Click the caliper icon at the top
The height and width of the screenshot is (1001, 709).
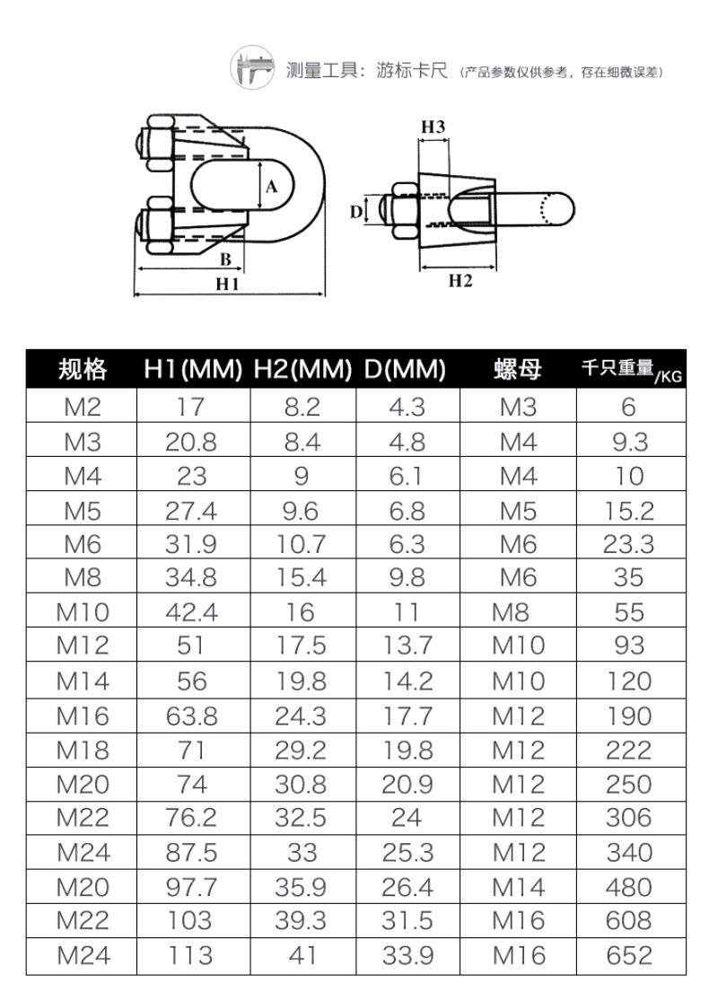[x=253, y=66]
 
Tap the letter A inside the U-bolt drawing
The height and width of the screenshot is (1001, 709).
[x=272, y=187]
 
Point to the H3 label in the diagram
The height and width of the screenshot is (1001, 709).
[x=433, y=127]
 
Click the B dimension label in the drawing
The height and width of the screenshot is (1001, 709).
[x=225, y=259]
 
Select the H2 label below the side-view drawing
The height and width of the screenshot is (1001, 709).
[x=460, y=280]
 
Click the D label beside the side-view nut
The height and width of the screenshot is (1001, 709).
[x=356, y=211]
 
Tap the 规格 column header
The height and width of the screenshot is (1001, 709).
[x=83, y=369]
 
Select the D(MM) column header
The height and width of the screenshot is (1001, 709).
[x=406, y=369]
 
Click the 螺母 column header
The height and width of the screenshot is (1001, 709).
[x=518, y=369]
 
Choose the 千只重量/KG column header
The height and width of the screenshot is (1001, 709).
[x=632, y=370]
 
